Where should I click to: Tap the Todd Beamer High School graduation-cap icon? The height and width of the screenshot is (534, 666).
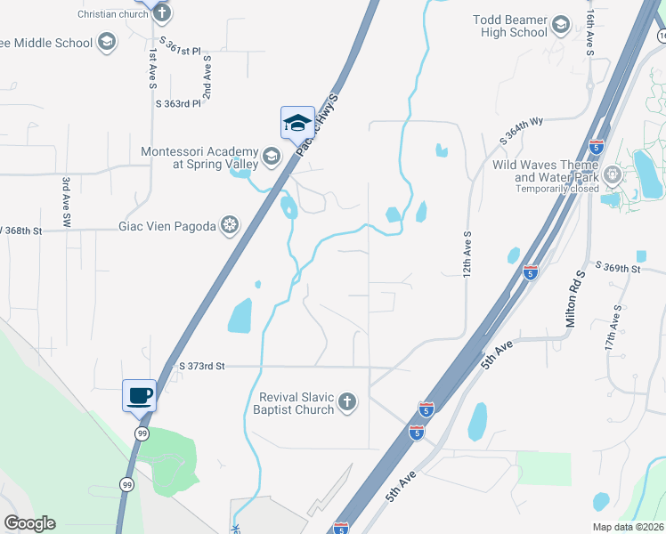(560, 25)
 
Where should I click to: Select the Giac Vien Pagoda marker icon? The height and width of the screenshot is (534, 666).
(230, 225)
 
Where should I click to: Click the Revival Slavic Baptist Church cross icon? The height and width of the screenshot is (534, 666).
(347, 402)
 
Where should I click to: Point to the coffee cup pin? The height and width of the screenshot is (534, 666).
(139, 395)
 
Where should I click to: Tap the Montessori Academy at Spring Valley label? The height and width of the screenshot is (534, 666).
(199, 158)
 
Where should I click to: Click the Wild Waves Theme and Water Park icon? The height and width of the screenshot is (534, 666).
(612, 175)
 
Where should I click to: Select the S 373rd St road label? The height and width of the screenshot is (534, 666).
(203, 366)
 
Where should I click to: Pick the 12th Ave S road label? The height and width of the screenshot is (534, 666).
(467, 253)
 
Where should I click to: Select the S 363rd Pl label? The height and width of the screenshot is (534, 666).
(178, 104)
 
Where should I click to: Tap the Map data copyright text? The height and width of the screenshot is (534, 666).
(628, 527)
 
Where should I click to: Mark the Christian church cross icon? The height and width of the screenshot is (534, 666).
(161, 12)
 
